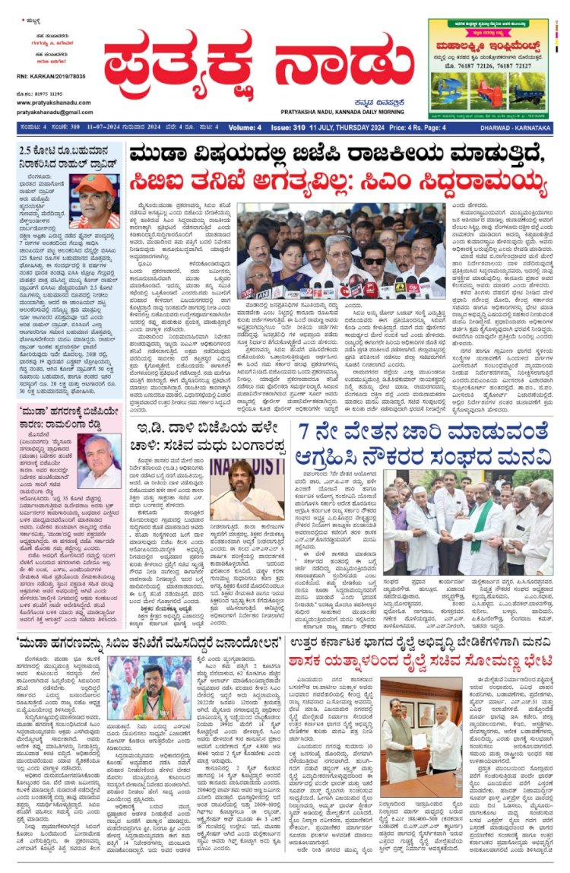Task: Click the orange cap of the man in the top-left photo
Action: (x=96, y=184)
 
